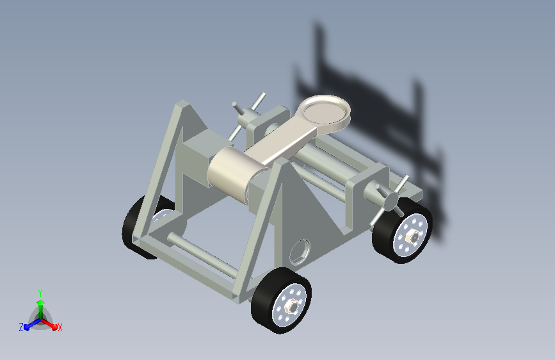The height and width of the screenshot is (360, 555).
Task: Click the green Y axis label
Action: point(40,293)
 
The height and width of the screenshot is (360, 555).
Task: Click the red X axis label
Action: point(60,327)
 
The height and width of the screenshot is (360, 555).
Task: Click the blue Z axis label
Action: point(21,327)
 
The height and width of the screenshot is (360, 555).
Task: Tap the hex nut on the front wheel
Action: point(292,306)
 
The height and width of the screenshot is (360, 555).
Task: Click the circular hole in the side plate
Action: point(300,251)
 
